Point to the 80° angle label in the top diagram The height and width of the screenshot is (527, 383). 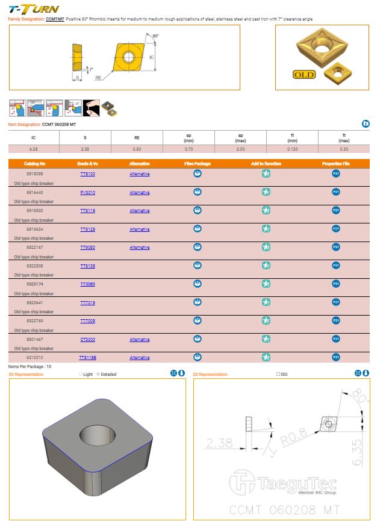[156, 37]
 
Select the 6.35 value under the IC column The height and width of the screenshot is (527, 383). [33, 148]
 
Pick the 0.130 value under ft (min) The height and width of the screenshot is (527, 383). [292, 148]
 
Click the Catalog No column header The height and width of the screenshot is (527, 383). [34, 164]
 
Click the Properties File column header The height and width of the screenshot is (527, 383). [336, 164]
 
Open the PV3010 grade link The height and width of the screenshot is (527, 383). [87, 193]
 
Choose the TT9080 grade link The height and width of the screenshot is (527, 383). [87, 248]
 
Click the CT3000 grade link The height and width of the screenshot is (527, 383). [87, 340]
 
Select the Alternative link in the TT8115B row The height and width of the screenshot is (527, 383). [140, 358]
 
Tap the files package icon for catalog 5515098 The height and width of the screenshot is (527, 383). [198, 173]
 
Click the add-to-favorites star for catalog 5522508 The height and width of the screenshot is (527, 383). [266, 266]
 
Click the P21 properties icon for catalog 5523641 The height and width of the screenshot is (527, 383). [336, 302]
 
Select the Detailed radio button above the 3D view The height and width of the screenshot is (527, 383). [99, 375]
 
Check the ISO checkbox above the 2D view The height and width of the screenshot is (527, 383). [278, 375]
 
